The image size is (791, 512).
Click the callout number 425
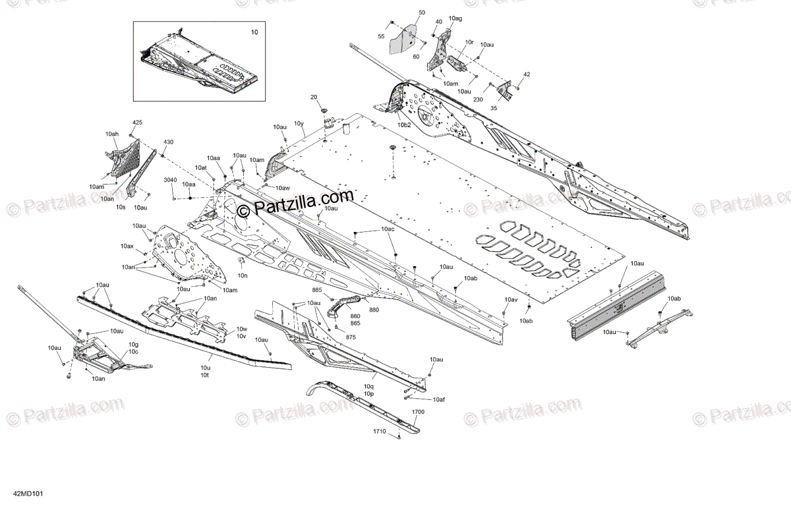(x=137, y=123)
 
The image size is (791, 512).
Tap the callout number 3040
(x=171, y=181)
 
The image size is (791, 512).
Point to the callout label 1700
(x=418, y=411)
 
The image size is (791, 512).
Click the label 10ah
(x=111, y=134)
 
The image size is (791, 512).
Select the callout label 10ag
(x=455, y=19)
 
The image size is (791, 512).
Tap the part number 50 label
(x=422, y=13)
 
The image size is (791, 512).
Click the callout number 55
(x=381, y=36)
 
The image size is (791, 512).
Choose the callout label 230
(x=477, y=99)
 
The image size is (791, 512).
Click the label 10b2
(x=403, y=124)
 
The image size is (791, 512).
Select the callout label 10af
(x=439, y=399)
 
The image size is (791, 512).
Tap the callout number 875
(x=351, y=337)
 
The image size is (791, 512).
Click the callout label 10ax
(x=127, y=246)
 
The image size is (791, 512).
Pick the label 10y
(x=299, y=123)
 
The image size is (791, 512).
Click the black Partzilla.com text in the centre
(x=295, y=200)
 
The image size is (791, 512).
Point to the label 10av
(x=512, y=300)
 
